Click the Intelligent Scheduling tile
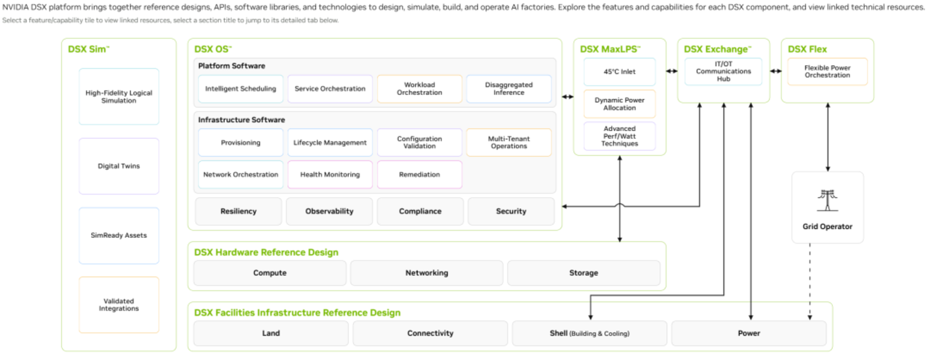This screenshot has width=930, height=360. [x=240, y=89]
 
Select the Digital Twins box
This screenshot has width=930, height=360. [x=119, y=166]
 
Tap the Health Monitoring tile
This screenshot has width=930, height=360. [x=330, y=175]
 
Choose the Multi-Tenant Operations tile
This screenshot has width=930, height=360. [x=509, y=142]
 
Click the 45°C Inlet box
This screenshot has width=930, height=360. [x=619, y=72]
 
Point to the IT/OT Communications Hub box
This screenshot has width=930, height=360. [x=723, y=72]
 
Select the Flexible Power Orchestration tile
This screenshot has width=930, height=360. [x=827, y=72]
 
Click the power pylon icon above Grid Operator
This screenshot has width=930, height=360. [x=827, y=200]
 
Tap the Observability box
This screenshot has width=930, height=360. [x=329, y=211]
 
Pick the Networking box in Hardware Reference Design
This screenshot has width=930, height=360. [x=427, y=273]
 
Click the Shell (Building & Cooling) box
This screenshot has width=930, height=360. [x=589, y=333]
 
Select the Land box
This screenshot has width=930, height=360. [x=271, y=333]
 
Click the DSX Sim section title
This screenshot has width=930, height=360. [x=89, y=49]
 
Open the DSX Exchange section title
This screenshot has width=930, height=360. [x=717, y=49]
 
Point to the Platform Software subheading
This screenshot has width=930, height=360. [x=231, y=66]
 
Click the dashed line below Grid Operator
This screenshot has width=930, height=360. [x=810, y=282]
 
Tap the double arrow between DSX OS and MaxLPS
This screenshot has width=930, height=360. [x=567, y=97]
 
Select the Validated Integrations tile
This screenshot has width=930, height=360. [x=119, y=305]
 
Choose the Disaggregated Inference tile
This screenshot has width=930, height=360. [x=509, y=89]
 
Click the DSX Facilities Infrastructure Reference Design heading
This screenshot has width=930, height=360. [x=297, y=313]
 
